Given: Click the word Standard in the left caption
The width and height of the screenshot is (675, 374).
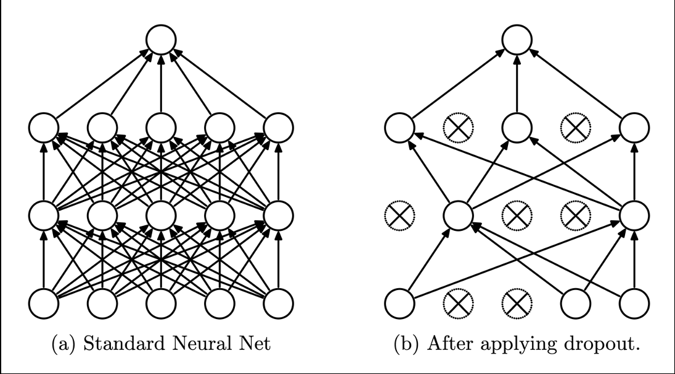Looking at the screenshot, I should pos(114,344).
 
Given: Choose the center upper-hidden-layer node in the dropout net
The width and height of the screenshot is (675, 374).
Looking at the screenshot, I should pos(517,128).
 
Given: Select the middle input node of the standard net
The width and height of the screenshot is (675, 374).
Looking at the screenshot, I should pos(161,302).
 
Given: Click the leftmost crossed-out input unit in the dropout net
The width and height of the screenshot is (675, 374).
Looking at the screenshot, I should pos(458,302).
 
